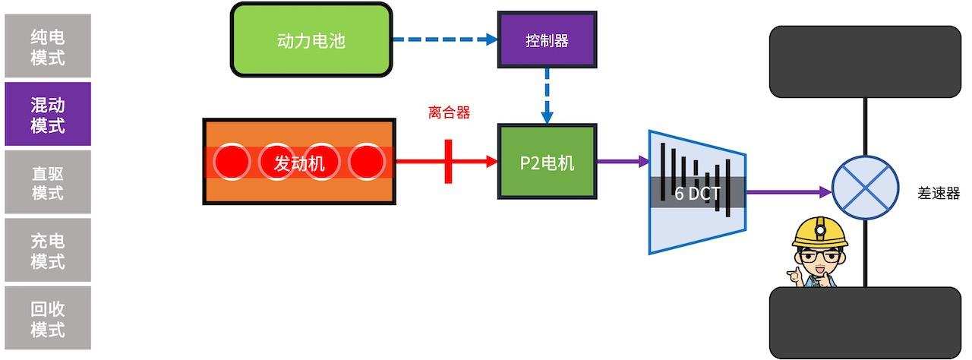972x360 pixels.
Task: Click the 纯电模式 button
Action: [x=48, y=46]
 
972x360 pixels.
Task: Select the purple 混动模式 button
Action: [x=48, y=114]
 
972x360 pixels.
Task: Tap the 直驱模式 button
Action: [x=48, y=182]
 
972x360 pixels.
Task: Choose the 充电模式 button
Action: [x=48, y=251]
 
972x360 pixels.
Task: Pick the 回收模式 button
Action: [x=48, y=319]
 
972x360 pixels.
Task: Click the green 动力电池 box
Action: [x=311, y=40]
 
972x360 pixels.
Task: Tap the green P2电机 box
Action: [x=547, y=162]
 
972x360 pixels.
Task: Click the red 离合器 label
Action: [x=449, y=113]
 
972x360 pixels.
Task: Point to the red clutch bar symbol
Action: [x=448, y=161]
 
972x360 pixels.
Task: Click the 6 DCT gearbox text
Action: [x=697, y=193]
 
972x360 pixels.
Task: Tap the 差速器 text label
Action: [x=939, y=193]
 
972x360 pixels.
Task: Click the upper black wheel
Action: [x=866, y=62]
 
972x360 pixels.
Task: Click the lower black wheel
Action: [x=866, y=322]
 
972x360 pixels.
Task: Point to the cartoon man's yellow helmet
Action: [x=819, y=230]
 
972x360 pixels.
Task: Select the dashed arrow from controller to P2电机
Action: [x=547, y=96]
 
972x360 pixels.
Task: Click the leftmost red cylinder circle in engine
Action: [x=232, y=162]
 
